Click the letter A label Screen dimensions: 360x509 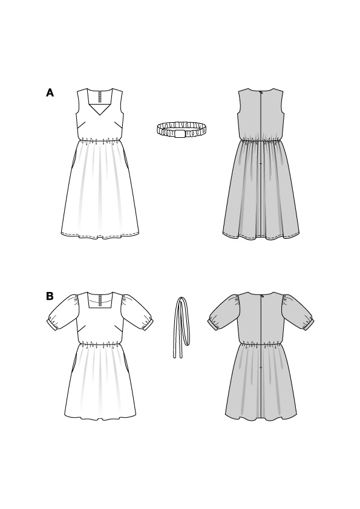(50, 93)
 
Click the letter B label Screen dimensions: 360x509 (50, 296)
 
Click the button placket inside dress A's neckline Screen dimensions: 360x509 (100, 97)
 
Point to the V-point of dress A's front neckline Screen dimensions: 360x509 (100, 116)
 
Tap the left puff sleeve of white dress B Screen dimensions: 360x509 (64, 312)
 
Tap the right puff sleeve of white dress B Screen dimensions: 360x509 (137, 312)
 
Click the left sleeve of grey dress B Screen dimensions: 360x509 (224, 312)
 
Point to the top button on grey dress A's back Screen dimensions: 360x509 (261, 91)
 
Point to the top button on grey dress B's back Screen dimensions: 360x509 (261, 295)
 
